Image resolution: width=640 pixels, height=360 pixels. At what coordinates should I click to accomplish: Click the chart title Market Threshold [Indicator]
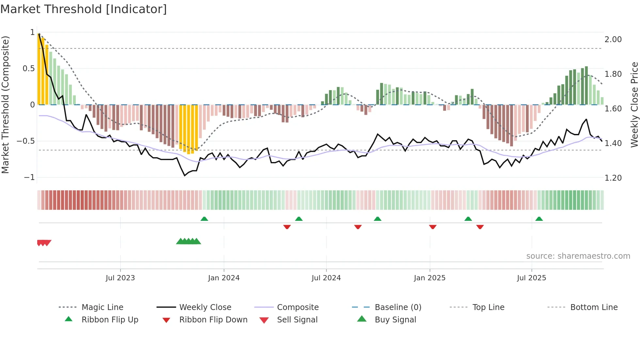pyautogui.click(x=84, y=9)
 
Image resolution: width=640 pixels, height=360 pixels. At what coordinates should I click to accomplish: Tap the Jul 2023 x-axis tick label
pyautogui.click(x=120, y=278)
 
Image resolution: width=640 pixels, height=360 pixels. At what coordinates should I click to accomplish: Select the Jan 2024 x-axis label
pyautogui.click(x=224, y=278)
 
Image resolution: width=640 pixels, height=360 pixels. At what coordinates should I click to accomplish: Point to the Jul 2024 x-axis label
pyautogui.click(x=326, y=278)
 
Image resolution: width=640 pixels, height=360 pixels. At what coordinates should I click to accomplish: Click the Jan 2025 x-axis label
pyautogui.click(x=429, y=278)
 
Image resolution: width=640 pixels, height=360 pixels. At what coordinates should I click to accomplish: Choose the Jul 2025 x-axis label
pyautogui.click(x=531, y=278)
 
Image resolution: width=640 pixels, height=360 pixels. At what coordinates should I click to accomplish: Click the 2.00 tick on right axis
pyautogui.click(x=613, y=40)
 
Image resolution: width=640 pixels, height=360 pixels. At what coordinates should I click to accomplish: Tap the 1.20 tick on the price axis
pyautogui.click(x=613, y=178)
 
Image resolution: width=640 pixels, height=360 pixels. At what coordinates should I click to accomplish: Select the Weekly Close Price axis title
pyautogui.click(x=634, y=105)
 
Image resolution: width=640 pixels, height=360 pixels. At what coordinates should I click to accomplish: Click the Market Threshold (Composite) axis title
pyautogui.click(x=5, y=105)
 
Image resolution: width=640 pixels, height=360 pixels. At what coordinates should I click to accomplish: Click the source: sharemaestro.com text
pyautogui.click(x=578, y=256)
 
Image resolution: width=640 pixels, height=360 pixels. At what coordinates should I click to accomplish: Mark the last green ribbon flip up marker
pyautogui.click(x=539, y=219)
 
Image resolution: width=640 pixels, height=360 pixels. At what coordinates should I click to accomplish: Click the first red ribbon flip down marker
pyautogui.click(x=287, y=227)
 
